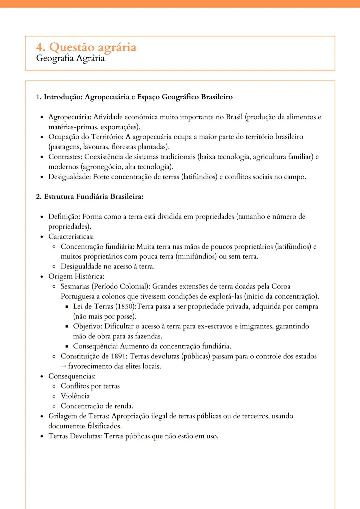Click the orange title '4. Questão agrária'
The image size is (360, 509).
tap(86, 47)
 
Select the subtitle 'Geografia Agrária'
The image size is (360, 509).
tap(70, 58)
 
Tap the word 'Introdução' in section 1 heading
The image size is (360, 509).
tap(63, 97)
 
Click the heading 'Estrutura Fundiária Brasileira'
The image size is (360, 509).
tap(93, 197)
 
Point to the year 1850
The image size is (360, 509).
tap(125, 306)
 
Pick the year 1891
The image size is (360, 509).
tap(118, 356)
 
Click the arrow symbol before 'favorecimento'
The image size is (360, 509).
tap(63, 366)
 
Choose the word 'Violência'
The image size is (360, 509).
tap(75, 396)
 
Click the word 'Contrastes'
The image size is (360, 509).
tap(65, 157)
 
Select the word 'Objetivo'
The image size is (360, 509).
tap(87, 326)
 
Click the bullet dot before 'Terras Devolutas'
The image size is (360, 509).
tap(42, 436)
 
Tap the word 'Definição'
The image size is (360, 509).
tap(64, 217)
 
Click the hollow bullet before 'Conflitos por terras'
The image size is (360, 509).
tap(54, 386)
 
